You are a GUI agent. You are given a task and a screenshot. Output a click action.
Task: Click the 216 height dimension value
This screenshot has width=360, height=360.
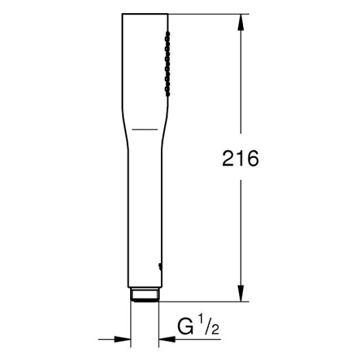(241, 158)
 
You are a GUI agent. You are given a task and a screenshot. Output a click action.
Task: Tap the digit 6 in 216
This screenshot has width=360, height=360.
(252, 158)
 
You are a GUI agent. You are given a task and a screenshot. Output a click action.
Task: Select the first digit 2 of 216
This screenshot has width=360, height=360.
(229, 158)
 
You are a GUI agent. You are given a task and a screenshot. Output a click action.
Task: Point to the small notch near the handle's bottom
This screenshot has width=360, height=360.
(160, 266)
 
